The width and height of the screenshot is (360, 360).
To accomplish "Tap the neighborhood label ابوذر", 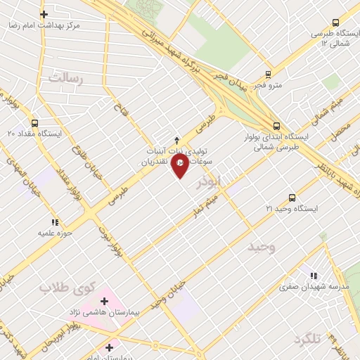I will (210, 181).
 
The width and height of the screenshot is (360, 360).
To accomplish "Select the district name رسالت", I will (65, 79).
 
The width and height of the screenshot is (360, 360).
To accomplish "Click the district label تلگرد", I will (307, 340).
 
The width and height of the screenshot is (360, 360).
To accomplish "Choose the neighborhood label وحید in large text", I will (262, 247).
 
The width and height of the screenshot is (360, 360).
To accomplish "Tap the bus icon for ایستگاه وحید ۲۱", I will (292, 198).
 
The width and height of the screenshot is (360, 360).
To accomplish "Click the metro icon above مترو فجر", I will (268, 74).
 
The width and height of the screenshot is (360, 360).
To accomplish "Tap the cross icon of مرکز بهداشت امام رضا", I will (44, 13).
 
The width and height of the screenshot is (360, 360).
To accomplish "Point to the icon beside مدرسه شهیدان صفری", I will (312, 276).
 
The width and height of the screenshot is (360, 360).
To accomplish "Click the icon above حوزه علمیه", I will (55, 222).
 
